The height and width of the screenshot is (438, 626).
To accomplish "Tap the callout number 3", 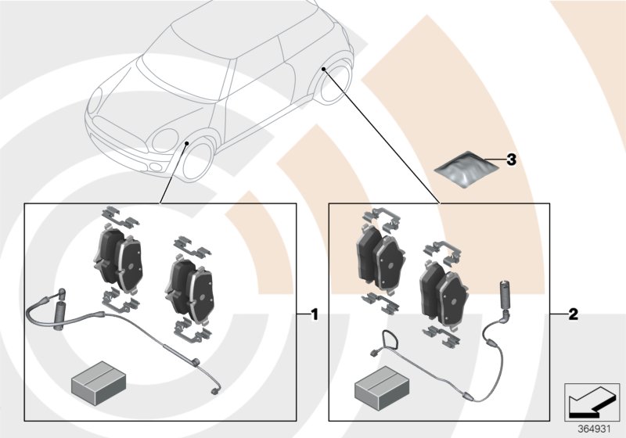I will coord(511,160).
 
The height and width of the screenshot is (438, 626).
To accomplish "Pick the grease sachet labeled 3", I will coord(467,169).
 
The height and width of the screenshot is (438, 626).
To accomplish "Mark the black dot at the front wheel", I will coord(187,143).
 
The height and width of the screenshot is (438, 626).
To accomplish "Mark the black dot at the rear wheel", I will coord(322,70).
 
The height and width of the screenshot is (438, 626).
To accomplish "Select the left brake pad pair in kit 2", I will coord(381,253).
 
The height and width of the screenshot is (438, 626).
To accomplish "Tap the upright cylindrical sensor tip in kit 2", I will coord(503,293).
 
